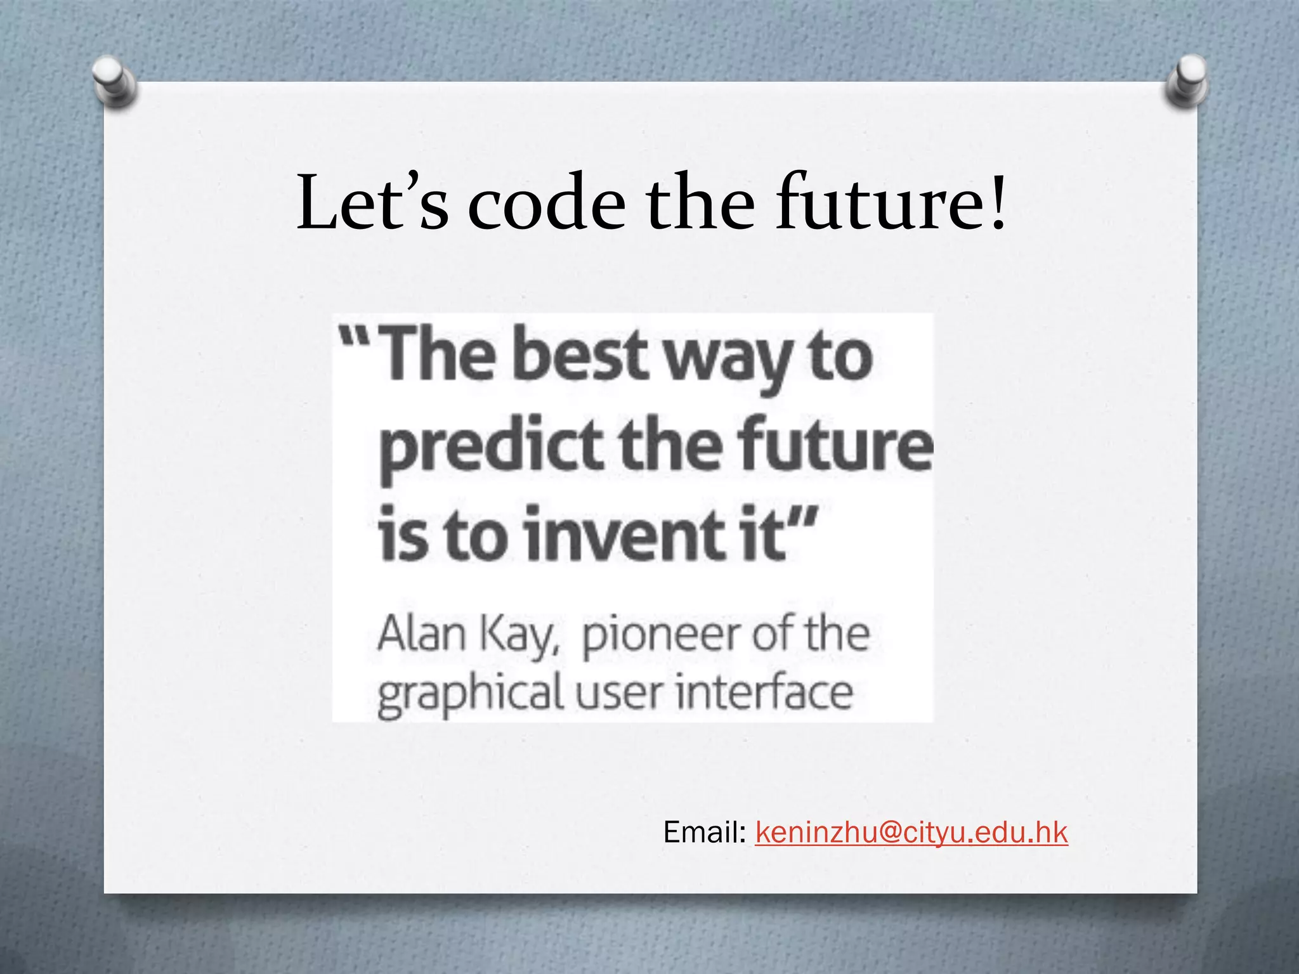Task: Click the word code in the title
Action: [x=547, y=203]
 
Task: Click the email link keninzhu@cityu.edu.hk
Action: [x=911, y=832]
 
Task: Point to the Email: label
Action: [x=704, y=832]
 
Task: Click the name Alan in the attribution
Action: [x=422, y=633]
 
